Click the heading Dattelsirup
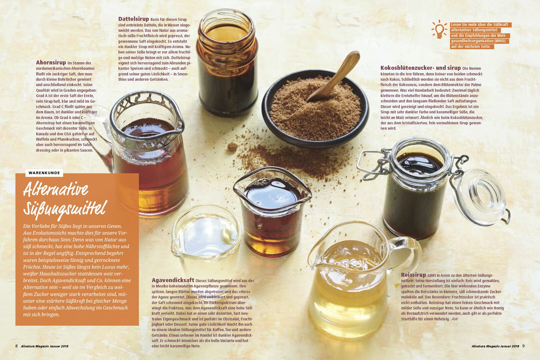point(134,19)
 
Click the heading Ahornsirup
point(51,63)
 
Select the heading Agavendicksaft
point(173,280)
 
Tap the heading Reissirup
point(413,275)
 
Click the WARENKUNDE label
point(44,173)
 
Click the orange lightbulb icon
point(439,29)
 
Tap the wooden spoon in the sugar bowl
point(334,75)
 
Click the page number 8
point(16,346)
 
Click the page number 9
point(523,346)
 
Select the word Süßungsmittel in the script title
point(65,209)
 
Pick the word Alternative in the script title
point(56,189)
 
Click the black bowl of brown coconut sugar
point(315,109)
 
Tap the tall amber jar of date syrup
point(227,63)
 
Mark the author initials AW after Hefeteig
point(455,319)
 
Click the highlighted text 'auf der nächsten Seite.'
point(471,47)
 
